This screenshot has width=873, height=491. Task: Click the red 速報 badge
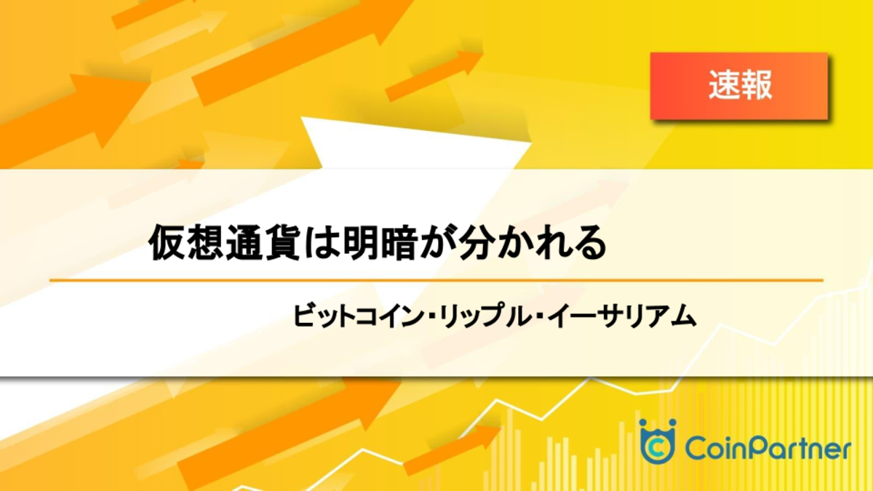coord(739,86)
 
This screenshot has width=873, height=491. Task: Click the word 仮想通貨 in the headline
coord(224,241)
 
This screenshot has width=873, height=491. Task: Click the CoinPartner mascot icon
coord(658,441)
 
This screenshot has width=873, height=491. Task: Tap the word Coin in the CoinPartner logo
coord(713,449)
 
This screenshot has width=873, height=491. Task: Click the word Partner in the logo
coord(797,449)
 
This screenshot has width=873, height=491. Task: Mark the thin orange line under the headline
coord(436,280)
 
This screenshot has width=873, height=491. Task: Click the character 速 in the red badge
coord(724,85)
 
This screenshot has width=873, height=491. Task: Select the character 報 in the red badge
coord(756,85)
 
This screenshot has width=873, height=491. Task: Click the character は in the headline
coord(322,242)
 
